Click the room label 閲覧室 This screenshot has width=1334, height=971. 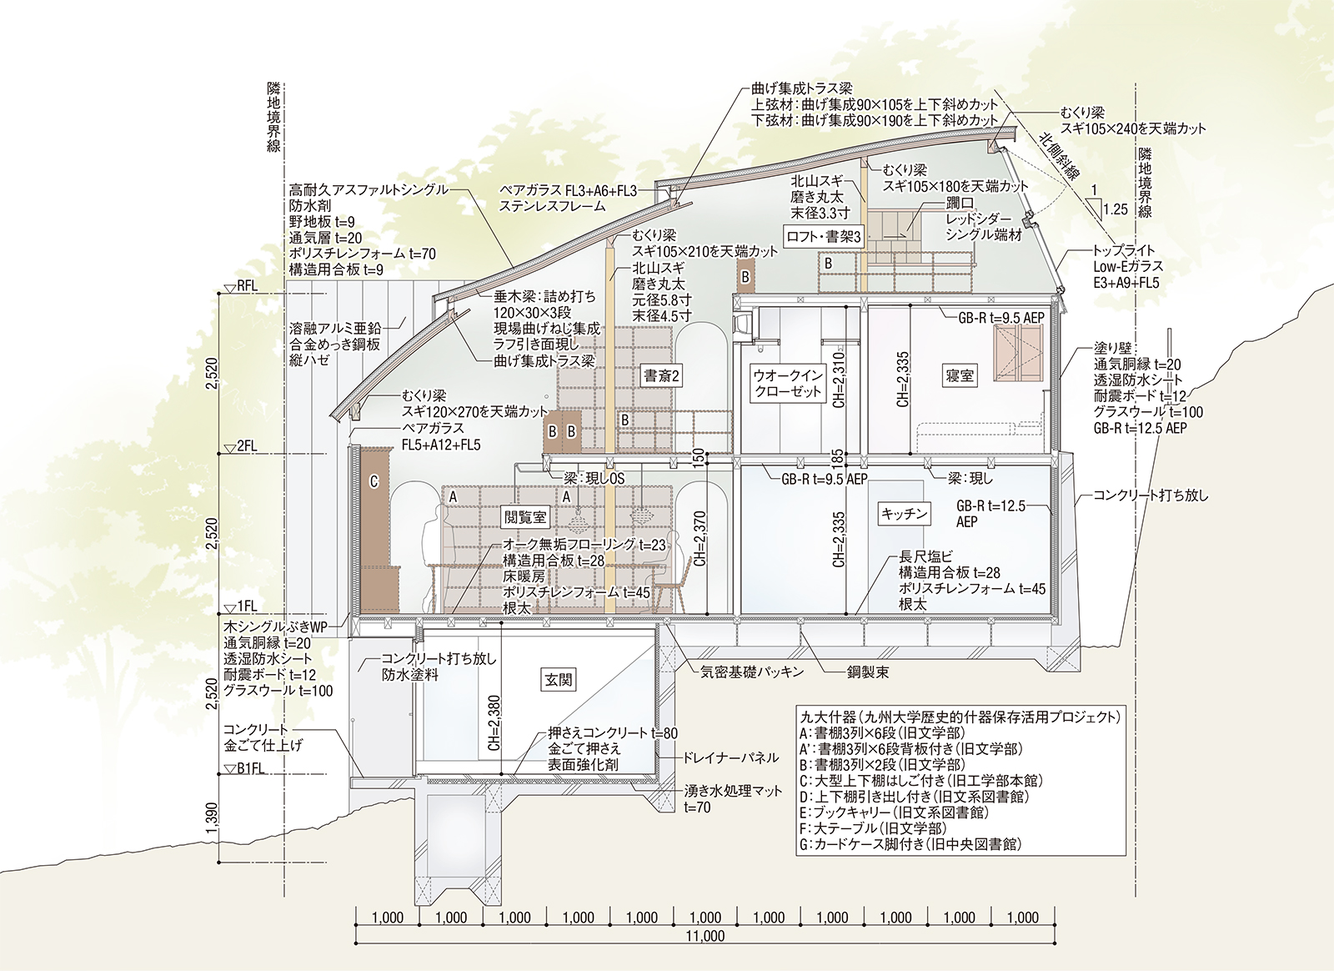coord(525,517)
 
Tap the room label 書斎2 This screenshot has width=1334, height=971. coord(661,375)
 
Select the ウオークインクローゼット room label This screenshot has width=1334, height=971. coord(788,383)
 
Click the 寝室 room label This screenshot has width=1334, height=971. coord(960,375)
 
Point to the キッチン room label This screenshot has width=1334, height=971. coord(905,514)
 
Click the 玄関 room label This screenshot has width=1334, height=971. coord(559,680)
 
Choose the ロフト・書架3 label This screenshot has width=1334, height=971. coord(824,237)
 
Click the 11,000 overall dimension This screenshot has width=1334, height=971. coord(705,936)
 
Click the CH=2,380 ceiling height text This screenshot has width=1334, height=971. coord(494,722)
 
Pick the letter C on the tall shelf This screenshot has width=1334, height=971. coord(374,482)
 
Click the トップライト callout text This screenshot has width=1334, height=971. coord(1124,250)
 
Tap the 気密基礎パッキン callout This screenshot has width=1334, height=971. coord(752,671)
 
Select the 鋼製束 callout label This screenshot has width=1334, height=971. coord(867,672)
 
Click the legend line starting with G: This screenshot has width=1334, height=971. coord(910,844)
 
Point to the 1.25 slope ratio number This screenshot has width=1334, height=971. coord(1115,209)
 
